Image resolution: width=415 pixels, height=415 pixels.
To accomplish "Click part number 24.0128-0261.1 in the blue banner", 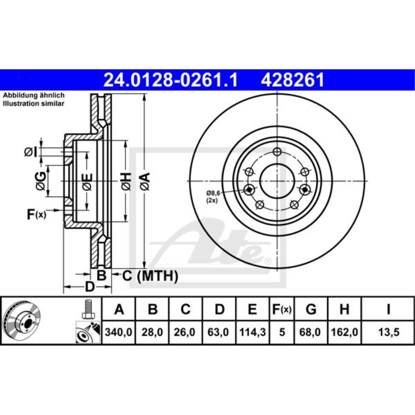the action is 171,80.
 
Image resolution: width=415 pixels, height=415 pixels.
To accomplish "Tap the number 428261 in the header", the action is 293,80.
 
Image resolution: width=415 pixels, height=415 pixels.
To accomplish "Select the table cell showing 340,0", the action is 118,332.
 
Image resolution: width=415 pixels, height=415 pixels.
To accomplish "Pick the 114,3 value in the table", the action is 252,332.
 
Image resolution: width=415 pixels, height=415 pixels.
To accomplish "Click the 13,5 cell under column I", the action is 388,332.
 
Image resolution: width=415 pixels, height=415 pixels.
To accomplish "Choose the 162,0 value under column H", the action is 344,332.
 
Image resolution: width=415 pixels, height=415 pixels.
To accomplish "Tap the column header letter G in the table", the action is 311,309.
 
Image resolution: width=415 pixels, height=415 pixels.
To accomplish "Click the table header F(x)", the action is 282,309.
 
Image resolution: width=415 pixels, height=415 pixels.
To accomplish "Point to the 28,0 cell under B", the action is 152,332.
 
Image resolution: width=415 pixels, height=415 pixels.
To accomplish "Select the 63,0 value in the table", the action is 218,332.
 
